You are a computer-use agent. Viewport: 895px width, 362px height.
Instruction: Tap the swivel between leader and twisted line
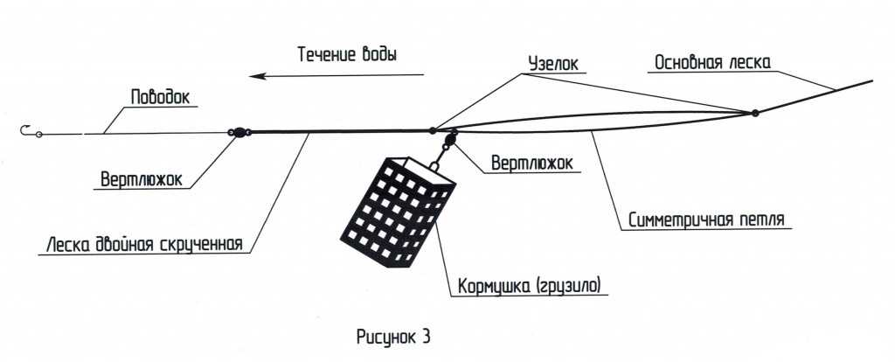[237, 133]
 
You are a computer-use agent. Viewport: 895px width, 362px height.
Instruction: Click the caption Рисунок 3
[394, 335]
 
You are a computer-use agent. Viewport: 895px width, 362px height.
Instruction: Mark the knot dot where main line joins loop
[754, 113]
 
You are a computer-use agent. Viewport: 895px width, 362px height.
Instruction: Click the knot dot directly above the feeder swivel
[433, 130]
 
